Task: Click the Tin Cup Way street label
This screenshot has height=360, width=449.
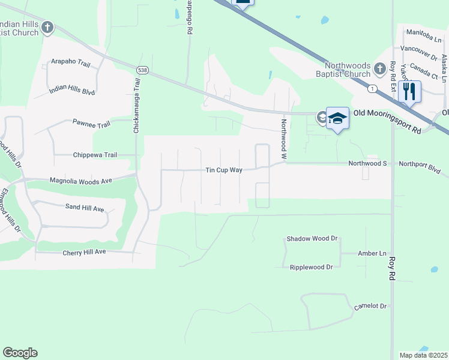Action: tap(224, 170)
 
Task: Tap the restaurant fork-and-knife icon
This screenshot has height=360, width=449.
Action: tap(409, 91)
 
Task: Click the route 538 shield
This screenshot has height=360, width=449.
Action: tap(142, 70)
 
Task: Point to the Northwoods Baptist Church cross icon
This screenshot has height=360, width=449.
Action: tap(379, 70)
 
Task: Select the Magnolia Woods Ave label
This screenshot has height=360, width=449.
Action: tap(81, 180)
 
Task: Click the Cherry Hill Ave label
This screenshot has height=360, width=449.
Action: tap(84, 253)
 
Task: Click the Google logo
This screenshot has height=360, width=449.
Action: tap(20, 353)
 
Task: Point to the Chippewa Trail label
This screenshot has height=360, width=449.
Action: tap(95, 155)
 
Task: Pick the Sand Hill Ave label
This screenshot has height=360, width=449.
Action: tap(85, 208)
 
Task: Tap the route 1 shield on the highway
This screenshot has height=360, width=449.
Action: tap(373, 88)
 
